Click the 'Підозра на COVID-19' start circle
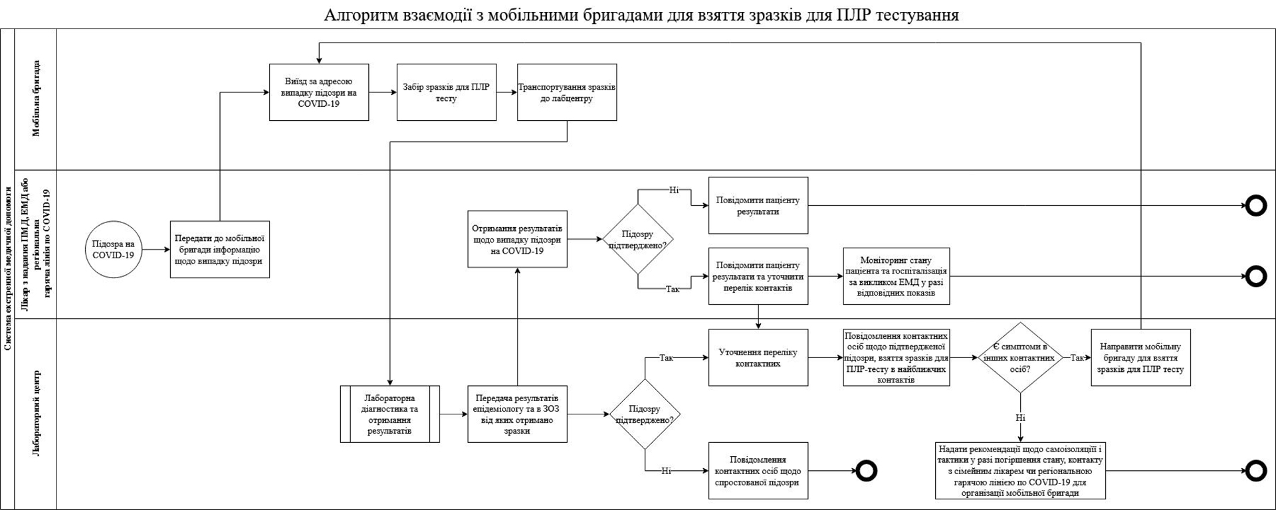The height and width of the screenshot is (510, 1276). [x=114, y=249]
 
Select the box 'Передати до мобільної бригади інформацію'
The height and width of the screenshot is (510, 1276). [x=220, y=249]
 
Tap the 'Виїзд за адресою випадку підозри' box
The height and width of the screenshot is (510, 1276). [x=319, y=92]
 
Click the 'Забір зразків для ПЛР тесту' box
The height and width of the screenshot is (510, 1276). [x=447, y=92]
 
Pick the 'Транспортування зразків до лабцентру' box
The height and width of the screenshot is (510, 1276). [x=567, y=92]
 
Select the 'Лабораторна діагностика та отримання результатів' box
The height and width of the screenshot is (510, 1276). [x=390, y=414]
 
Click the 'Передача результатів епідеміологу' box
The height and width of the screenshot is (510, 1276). [x=518, y=414]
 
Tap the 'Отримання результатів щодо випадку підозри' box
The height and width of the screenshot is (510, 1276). [x=518, y=239]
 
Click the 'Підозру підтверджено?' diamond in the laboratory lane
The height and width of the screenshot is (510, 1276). [x=645, y=414]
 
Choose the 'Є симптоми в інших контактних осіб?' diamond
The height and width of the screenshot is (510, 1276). [x=1020, y=357]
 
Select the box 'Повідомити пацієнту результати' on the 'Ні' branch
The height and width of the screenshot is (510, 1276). [x=758, y=205]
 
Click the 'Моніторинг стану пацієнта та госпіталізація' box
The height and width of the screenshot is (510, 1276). [x=897, y=276]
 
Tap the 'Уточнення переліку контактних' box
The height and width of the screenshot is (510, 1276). [x=758, y=357]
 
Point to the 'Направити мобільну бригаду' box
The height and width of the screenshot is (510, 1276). [x=1141, y=357]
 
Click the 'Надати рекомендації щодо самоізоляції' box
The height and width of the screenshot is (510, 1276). [x=1020, y=471]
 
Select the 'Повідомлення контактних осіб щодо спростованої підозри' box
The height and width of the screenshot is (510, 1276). [x=758, y=471]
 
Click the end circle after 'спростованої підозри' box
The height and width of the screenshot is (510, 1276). [x=866, y=471]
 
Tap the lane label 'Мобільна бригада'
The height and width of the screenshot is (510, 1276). [x=37, y=98]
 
